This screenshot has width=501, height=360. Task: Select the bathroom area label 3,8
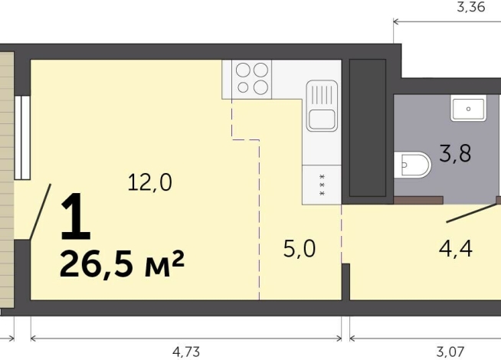(454, 153)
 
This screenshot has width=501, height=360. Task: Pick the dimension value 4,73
(187, 352)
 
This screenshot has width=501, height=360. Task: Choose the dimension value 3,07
(452, 352)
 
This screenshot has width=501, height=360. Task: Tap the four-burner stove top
(253, 78)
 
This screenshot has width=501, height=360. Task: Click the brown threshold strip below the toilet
(418, 200)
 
